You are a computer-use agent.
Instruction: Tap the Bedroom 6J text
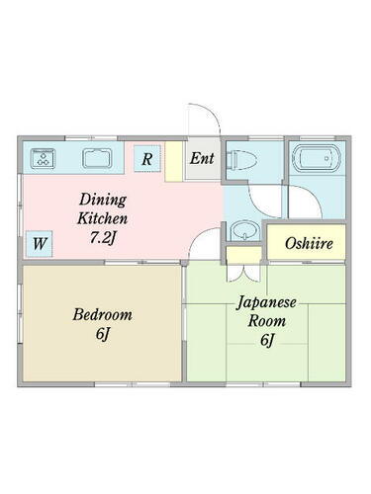(x=102, y=325)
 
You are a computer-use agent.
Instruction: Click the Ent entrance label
(x=202, y=157)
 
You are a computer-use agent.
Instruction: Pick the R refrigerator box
(x=146, y=158)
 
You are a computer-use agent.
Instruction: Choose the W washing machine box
(x=40, y=242)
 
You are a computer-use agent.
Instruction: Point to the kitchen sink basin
(x=96, y=156)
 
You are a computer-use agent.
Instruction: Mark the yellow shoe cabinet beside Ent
(x=174, y=159)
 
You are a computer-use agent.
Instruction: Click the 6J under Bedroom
(x=103, y=335)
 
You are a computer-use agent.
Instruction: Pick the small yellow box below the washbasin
(x=239, y=255)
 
